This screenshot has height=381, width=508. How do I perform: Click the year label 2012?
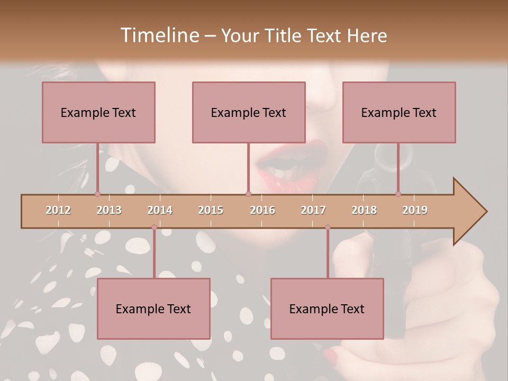[x=58, y=210]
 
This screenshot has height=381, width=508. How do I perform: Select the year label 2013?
[x=109, y=210]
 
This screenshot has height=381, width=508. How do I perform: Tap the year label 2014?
[x=160, y=210]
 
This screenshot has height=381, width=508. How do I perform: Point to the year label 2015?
[x=211, y=210]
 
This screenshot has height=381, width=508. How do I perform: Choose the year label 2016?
[x=262, y=210]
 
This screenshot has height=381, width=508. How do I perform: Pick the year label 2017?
[x=313, y=210]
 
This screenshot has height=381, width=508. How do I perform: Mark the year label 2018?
[x=364, y=210]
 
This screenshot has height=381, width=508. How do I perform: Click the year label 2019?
[x=415, y=210]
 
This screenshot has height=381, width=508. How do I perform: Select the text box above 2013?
[x=98, y=112]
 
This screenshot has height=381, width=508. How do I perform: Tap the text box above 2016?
[x=249, y=112]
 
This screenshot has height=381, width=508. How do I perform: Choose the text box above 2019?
[x=399, y=112]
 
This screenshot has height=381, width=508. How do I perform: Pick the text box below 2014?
[x=153, y=309]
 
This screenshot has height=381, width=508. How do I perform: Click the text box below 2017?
[x=327, y=309]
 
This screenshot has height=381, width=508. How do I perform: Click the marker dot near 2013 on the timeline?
[x=97, y=194]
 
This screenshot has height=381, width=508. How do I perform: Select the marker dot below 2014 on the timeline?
[x=154, y=228]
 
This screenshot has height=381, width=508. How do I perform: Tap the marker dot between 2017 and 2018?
[x=328, y=228]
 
